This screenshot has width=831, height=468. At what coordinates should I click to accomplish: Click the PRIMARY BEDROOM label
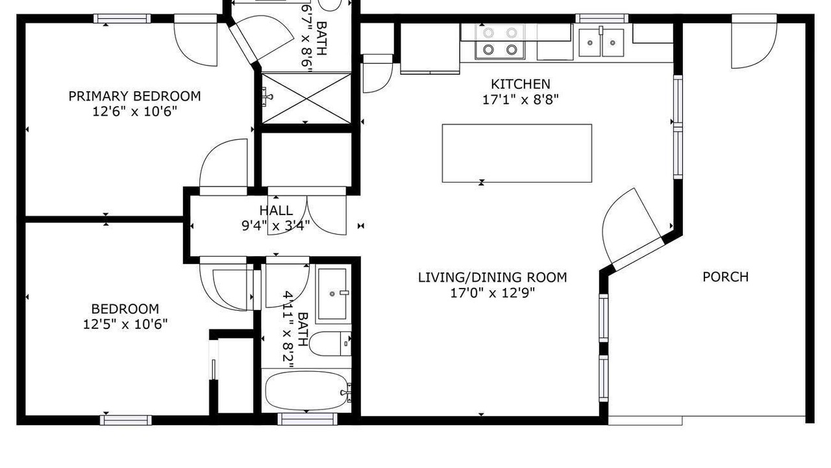point(134,96)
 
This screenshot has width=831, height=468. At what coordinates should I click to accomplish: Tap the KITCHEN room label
point(521,84)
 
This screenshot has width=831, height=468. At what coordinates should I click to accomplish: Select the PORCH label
point(726,277)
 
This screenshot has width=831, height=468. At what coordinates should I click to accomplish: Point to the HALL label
point(276,211)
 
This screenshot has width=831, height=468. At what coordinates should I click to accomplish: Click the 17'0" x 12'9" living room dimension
point(493,293)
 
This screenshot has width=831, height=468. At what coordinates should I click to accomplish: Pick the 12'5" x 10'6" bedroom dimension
point(125,324)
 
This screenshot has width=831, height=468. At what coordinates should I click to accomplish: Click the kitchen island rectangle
point(517,153)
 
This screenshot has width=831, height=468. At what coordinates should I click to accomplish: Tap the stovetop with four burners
point(500,41)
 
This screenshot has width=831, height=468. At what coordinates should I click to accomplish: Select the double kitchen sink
point(601,43)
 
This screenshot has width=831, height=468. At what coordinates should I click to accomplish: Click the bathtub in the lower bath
point(307,391)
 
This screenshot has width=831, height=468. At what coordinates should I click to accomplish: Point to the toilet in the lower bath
point(330,344)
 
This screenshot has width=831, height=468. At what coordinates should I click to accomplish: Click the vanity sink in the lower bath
point(333,294)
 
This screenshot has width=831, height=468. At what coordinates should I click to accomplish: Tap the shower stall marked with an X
point(306,98)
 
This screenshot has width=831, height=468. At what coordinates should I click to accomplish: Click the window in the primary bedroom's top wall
point(122,19)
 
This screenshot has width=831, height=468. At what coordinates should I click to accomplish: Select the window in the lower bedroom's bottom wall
point(126,420)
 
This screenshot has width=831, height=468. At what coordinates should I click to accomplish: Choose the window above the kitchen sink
point(602,19)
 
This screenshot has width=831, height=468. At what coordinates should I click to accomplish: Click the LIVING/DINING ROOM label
point(493,278)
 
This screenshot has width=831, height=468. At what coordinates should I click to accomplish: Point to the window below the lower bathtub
point(307,419)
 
